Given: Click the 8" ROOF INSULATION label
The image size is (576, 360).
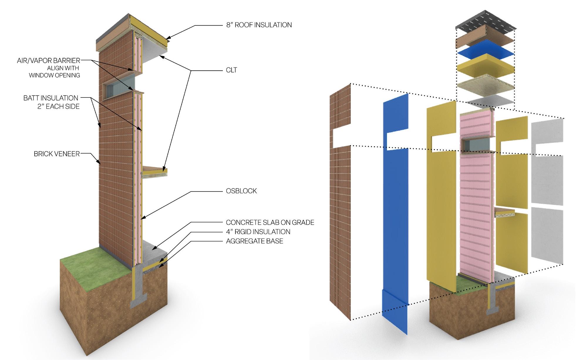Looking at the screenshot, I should click(259, 25).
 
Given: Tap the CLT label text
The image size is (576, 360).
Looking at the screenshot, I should click(231, 70).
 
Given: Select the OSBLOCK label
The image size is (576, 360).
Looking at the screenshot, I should click(241, 191).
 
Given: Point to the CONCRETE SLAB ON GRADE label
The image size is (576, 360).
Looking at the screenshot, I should click(270, 222).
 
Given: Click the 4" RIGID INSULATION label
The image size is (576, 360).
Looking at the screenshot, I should click(258, 232).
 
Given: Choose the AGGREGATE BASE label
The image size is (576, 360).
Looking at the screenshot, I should click(254, 241).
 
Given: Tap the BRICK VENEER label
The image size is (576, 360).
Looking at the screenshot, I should click(57, 154).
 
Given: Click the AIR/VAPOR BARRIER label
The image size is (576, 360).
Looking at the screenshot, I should click(48, 61).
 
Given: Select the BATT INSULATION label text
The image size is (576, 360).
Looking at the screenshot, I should click(51, 98).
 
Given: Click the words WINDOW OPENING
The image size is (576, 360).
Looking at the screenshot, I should click(54, 75).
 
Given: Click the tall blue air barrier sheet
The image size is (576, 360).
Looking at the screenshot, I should click(395, 206).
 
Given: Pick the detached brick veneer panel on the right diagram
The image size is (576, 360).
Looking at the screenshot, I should click(340, 206).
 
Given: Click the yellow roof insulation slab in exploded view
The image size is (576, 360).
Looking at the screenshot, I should click(486, 67).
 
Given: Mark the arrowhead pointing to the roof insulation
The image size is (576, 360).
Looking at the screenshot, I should click(168, 38).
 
